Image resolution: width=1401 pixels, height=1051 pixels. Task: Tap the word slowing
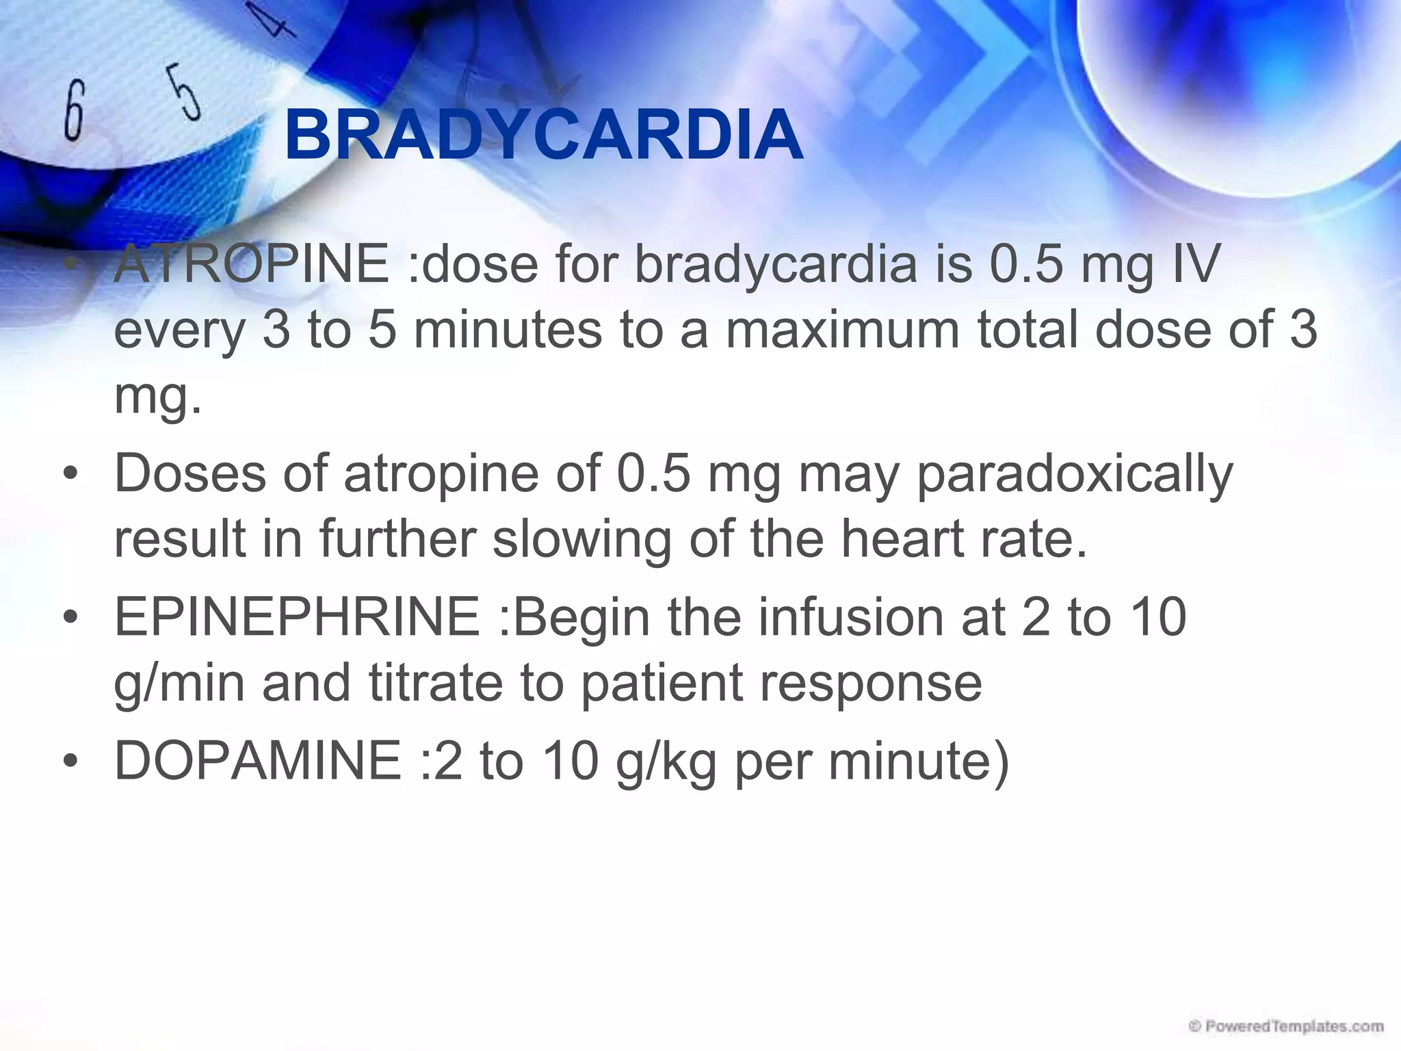coord(581,540)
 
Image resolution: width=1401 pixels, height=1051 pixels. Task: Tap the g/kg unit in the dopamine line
coord(666,762)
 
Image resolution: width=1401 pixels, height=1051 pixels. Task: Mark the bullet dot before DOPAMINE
coord(71,762)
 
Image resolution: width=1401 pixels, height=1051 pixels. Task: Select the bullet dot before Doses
coord(71,475)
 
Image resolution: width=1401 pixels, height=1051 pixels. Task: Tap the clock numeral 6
coord(74,110)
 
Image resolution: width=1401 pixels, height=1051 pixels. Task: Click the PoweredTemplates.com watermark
coord(1286,1027)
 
